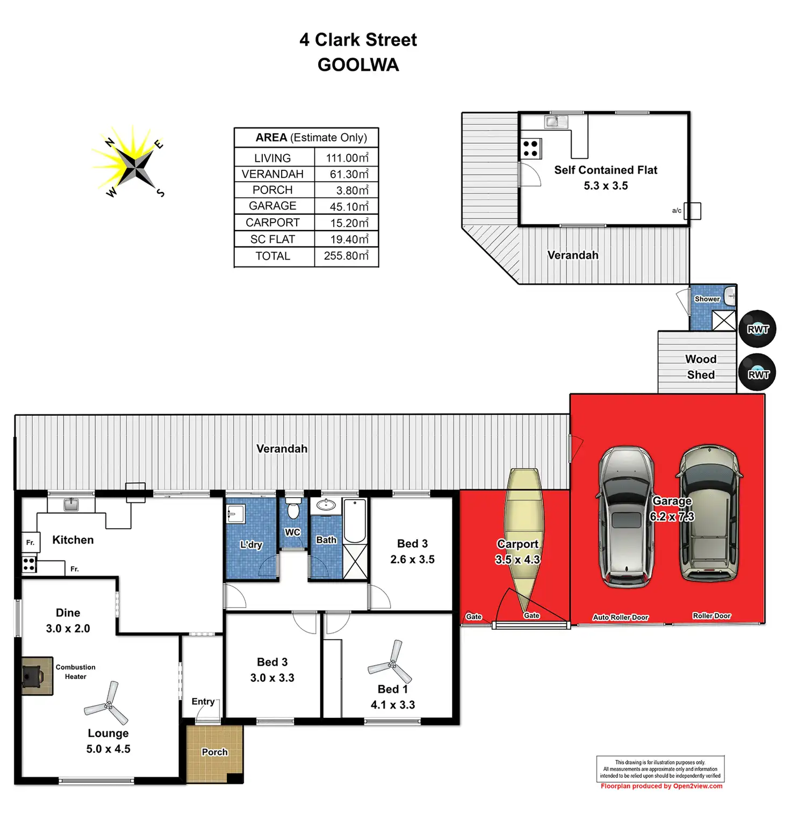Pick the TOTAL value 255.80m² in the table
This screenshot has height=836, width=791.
coord(346,256)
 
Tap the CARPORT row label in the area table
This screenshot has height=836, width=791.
coord(272,222)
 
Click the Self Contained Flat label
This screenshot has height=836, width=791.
coord(606,170)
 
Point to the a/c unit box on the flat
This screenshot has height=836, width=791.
coord(692,211)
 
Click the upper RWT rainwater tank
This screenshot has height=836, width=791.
coord(758,329)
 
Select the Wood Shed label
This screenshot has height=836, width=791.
coord(701,367)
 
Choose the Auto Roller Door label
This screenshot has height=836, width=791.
coord(620,617)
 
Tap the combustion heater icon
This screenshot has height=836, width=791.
coord(33,675)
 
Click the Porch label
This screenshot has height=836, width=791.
coord(214,752)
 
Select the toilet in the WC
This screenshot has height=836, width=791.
coord(293,509)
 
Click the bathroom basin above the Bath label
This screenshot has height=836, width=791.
coord(326,505)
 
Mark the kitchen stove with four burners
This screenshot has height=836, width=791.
coord(29,564)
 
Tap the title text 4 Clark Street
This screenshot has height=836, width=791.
coord(358,40)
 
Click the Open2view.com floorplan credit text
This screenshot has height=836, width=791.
coord(661,786)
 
